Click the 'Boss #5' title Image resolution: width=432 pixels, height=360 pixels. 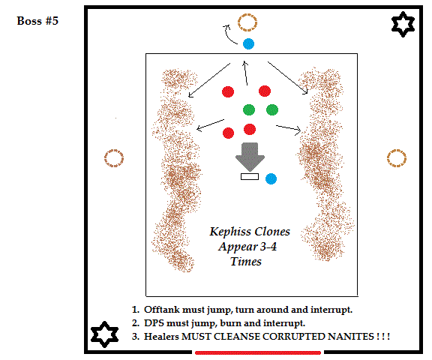tap(37, 21)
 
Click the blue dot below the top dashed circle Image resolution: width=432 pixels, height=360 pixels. tap(248, 43)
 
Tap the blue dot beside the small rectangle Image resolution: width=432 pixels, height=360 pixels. tap(271, 178)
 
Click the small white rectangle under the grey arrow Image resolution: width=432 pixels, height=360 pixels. tap(250, 176)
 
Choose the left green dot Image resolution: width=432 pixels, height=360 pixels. tap(249, 109)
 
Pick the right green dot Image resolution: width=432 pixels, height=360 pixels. tap(272, 110)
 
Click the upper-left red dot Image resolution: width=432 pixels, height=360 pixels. tap(228, 91)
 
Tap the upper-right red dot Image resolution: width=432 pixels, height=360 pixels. tap(265, 91)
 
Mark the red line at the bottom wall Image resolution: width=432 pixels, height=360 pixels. tap(258, 352)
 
